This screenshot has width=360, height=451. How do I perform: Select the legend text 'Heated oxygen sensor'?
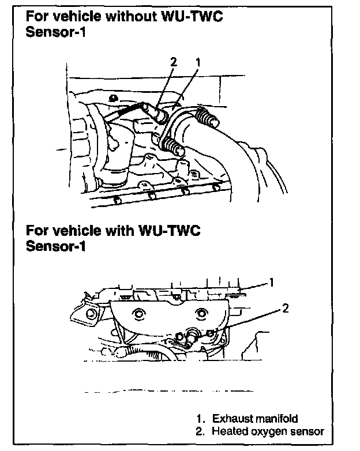point(268,431)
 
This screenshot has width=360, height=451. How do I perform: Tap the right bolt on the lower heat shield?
point(201,313)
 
